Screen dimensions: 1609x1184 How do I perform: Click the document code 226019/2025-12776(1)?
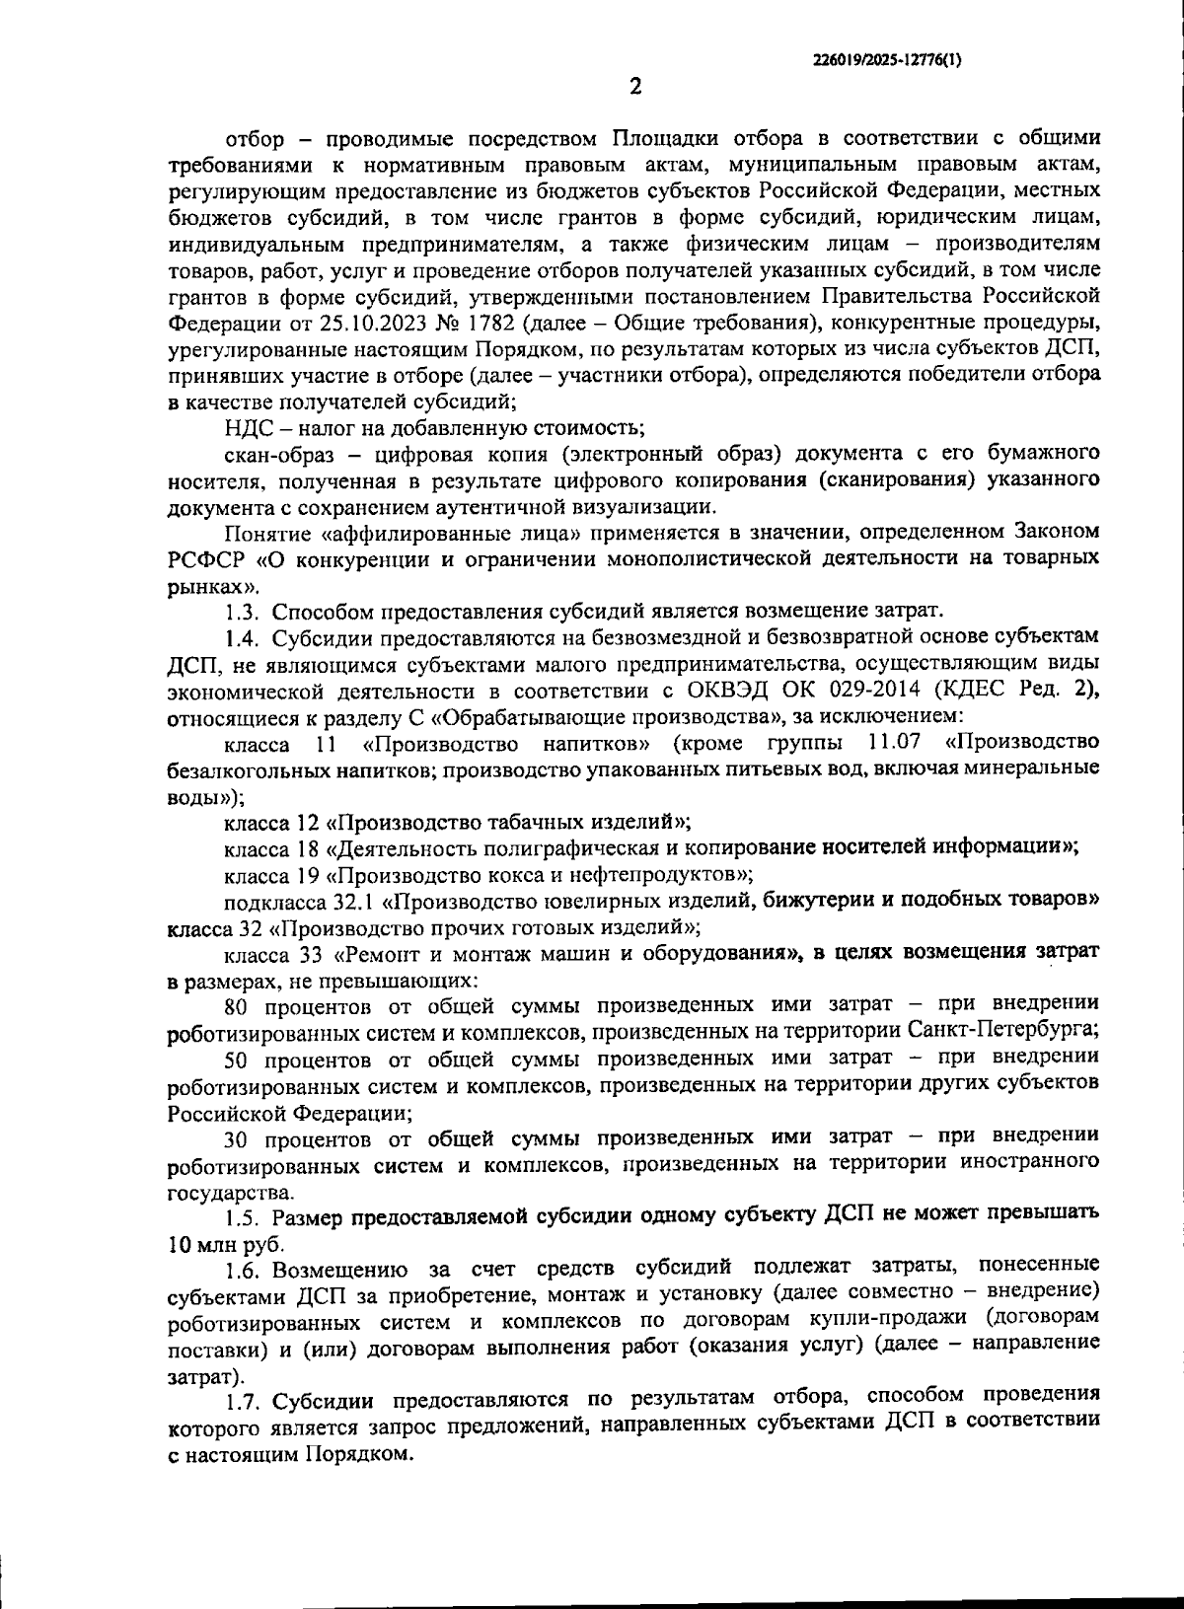(886, 59)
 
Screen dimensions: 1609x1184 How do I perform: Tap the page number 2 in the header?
(635, 87)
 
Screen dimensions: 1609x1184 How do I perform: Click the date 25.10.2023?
(367, 323)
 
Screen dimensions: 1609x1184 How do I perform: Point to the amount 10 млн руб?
(226, 1244)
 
